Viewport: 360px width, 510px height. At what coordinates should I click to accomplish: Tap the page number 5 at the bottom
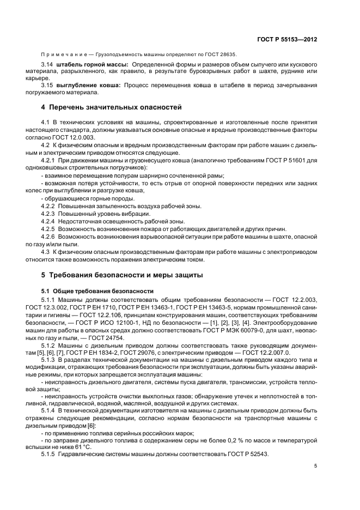pyautogui.click(x=315, y=466)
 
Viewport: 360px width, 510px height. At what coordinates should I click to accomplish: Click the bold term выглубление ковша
pyautogui.click(x=88, y=86)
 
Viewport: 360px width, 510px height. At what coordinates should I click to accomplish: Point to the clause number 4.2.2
pyautogui.click(x=49, y=205)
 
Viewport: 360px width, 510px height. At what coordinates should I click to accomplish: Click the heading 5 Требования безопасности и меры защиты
pyautogui.click(x=123, y=275)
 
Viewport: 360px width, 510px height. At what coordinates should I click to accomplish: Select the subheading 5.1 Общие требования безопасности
pyautogui.click(x=97, y=292)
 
